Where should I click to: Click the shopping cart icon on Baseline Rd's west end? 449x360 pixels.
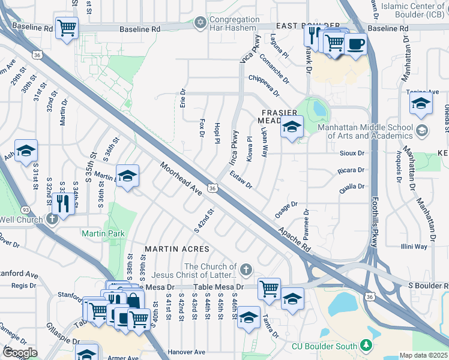click(67, 27)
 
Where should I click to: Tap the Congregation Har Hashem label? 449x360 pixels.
click(234, 23)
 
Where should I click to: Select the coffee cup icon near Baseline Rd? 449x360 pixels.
click(355, 44)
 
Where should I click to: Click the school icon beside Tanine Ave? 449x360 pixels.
click(421, 103)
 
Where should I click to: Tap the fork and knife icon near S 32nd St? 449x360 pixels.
click(62, 203)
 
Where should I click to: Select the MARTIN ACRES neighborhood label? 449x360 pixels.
click(177, 248)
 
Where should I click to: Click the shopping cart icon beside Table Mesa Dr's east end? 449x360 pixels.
click(270, 288)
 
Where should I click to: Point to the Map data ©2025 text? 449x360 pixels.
click(423, 355)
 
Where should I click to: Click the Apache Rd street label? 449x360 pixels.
click(294, 238)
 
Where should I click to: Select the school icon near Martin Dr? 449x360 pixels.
click(127, 176)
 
